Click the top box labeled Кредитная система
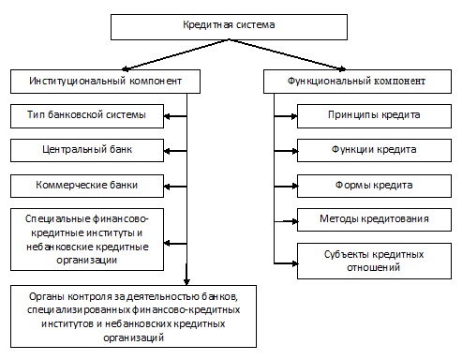(229, 27)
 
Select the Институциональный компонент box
(105, 82)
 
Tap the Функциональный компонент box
(357, 82)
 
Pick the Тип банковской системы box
(87, 116)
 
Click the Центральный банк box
(87, 151)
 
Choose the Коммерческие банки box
(87, 186)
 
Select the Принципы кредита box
(374, 116)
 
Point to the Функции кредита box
(374, 151)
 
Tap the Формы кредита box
(374, 186)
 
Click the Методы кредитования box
(374, 220)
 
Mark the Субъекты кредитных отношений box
(374, 261)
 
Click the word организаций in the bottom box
(134, 337)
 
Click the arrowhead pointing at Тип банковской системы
(167, 116)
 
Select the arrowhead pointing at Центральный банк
(167, 151)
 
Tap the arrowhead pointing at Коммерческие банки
(167, 187)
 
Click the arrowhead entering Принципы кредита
(294, 116)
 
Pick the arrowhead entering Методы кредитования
(294, 221)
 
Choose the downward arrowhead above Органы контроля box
(186, 281)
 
